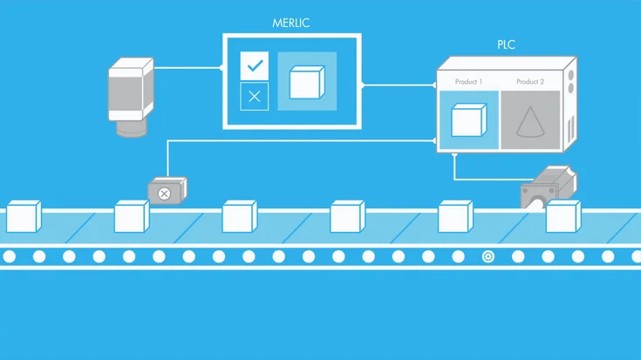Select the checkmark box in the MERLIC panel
254,65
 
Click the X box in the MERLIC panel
254,97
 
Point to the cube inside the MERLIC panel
306,82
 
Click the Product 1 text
468,82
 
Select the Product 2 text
529,82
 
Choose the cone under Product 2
529,122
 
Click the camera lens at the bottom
133,127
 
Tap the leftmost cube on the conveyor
24,216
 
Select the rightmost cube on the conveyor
563,216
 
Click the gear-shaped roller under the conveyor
488,256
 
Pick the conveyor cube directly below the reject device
132,216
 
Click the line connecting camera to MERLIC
187,65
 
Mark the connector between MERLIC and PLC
397,85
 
